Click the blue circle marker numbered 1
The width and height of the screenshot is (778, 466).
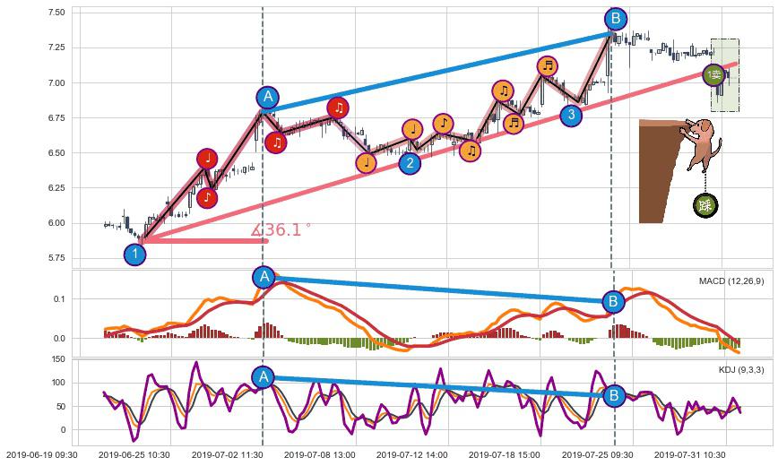pyautogui.click(x=134, y=255)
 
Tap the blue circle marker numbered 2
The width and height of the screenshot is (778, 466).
pyautogui.click(x=410, y=163)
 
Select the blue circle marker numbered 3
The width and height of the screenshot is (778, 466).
pyautogui.click(x=570, y=115)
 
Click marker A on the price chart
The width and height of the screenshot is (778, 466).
pyautogui.click(x=267, y=98)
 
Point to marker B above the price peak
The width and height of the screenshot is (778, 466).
pyautogui.click(x=615, y=19)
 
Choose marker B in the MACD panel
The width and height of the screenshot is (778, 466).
pyautogui.click(x=613, y=301)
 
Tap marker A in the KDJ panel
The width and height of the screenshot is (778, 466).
pyautogui.click(x=263, y=377)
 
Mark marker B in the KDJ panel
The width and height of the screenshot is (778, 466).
pyautogui.click(x=614, y=394)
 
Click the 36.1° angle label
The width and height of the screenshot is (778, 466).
pyautogui.click(x=281, y=230)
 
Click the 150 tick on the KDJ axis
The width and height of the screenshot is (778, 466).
pyautogui.click(x=57, y=358)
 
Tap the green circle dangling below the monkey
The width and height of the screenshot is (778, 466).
pyautogui.click(x=705, y=206)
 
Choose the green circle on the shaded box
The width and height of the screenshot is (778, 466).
pyautogui.click(x=713, y=75)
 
